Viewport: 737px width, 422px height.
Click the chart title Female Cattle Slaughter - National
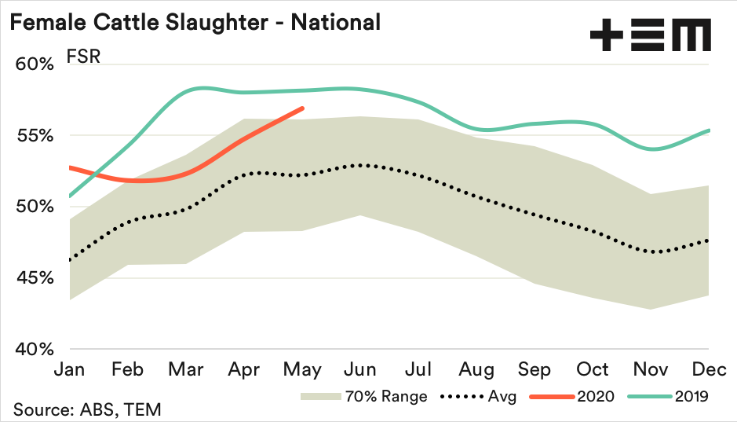pos(195,22)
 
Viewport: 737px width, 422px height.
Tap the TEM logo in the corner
pos(650,35)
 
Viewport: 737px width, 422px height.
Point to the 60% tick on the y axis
pos(33,64)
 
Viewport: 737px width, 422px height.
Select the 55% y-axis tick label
pos(33,135)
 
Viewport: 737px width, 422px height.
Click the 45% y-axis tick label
pos(33,278)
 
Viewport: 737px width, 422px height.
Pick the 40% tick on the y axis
pos(33,350)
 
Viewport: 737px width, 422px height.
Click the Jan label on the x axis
pos(70,369)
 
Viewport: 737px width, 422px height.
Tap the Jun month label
pos(360,369)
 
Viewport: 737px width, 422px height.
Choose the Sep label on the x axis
pos(535,369)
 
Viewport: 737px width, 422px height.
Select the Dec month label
pos(709,369)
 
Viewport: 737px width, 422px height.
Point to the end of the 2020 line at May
pos(303,108)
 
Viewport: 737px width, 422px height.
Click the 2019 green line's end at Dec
pos(709,130)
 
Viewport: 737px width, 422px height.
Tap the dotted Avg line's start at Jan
pos(71,260)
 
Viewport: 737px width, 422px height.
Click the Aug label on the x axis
pos(476,369)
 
